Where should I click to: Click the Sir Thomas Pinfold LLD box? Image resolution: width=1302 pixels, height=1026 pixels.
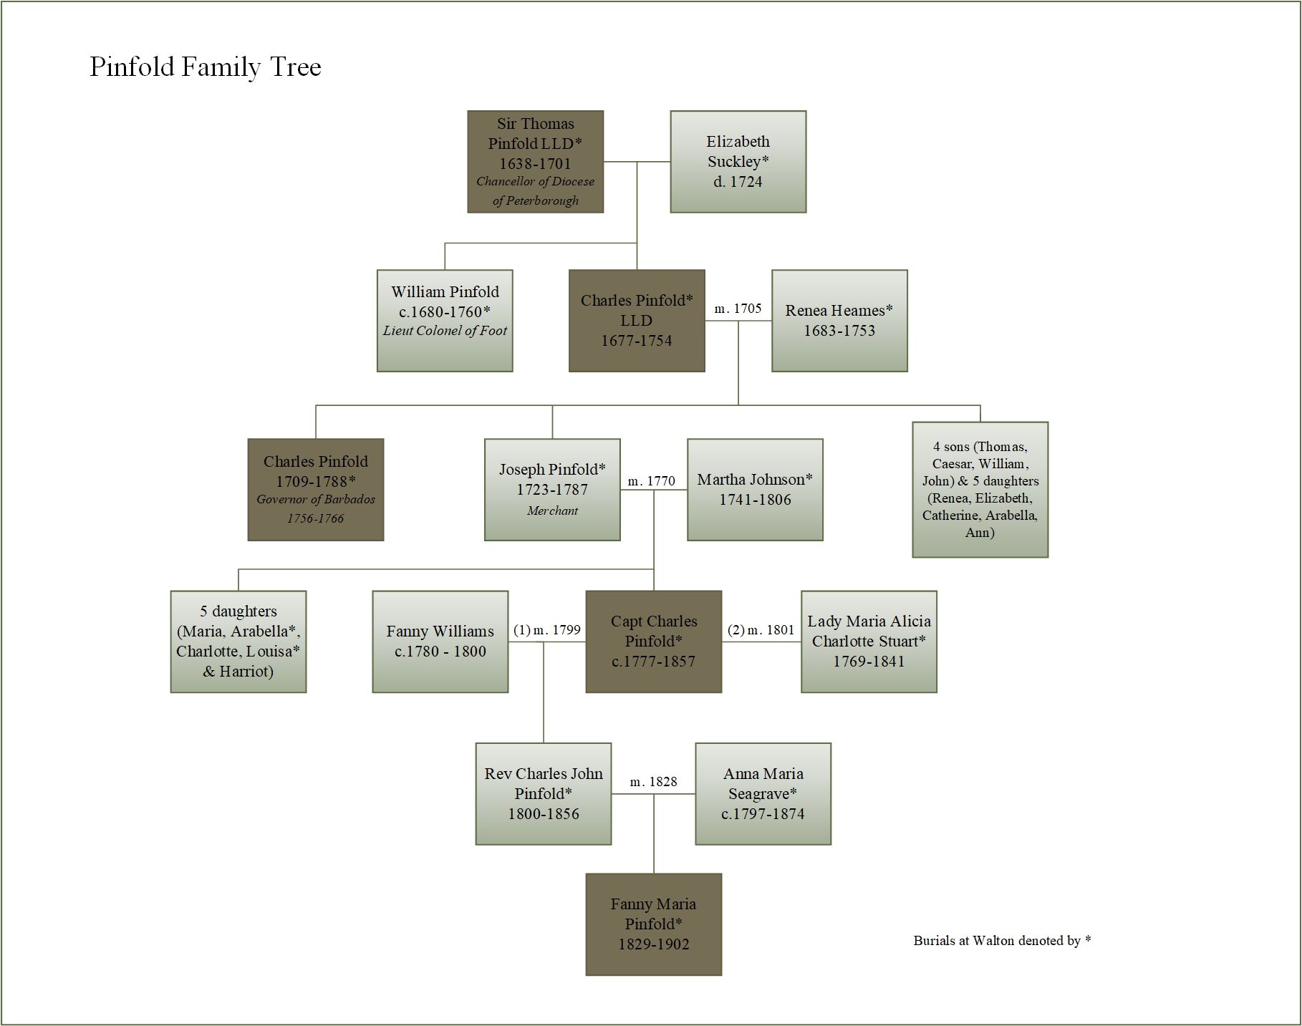pyautogui.click(x=535, y=162)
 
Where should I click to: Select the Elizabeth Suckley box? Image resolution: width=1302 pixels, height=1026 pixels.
pyautogui.click(x=738, y=162)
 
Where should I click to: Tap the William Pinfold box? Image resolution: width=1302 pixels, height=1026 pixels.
pyautogui.click(x=445, y=321)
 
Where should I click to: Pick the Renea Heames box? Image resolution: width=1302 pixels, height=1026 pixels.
pyautogui.click(x=839, y=321)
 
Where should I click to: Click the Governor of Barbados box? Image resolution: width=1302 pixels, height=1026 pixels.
pyautogui.click(x=315, y=490)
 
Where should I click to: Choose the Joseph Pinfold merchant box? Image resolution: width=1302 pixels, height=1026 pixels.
pyautogui.click(x=552, y=490)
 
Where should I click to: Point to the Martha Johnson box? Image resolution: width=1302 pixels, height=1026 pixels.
pyautogui.click(x=755, y=490)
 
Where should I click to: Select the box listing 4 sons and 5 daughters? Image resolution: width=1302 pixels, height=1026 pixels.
pyautogui.click(x=980, y=490)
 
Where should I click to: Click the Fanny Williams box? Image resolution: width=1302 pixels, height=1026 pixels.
pyautogui.click(x=440, y=642)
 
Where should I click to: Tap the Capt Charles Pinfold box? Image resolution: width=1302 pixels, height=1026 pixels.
pyautogui.click(x=653, y=642)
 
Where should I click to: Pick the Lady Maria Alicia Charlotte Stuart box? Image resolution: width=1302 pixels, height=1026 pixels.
pyautogui.click(x=869, y=642)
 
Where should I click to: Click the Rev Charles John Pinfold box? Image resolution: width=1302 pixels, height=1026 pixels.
pyautogui.click(x=544, y=794)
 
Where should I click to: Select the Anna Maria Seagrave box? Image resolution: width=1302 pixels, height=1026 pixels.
pyautogui.click(x=763, y=794)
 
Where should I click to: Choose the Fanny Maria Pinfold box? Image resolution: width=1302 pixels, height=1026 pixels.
pyautogui.click(x=653, y=924)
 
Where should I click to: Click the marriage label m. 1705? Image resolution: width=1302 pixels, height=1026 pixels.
pyautogui.click(x=738, y=309)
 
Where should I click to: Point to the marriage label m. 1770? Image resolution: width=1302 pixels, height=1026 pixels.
pyautogui.click(x=651, y=481)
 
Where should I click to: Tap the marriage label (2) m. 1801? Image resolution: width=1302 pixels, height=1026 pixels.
pyautogui.click(x=761, y=630)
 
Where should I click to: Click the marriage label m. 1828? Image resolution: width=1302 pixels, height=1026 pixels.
pyautogui.click(x=653, y=782)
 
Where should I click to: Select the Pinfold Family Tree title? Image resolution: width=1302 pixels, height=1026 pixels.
pyautogui.click(x=206, y=67)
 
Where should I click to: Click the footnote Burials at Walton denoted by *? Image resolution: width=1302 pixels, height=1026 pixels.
pyautogui.click(x=1002, y=941)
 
